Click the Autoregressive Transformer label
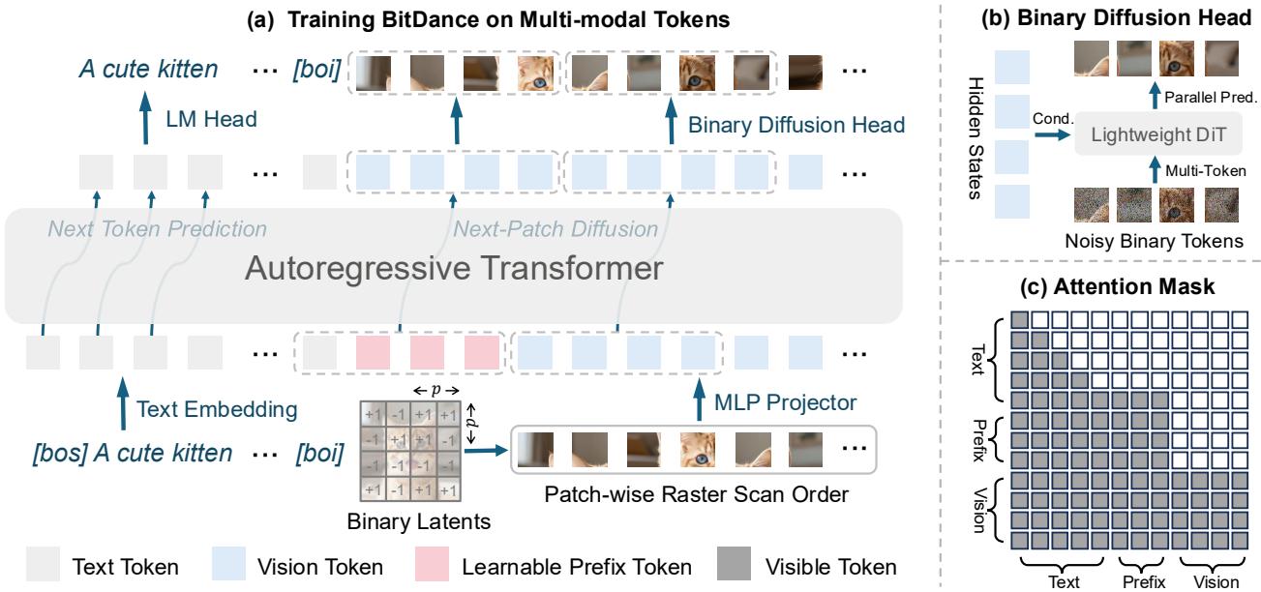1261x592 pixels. pos(454,268)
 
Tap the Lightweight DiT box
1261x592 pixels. pos(1158,133)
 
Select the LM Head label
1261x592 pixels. pos(211,119)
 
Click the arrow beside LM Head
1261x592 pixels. pos(145,118)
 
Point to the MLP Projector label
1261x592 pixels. pos(785,402)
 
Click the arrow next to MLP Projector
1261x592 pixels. pos(699,400)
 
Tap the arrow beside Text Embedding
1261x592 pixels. pos(123,404)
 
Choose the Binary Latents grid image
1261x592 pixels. pos(410,451)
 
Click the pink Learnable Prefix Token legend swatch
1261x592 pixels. pos(432,563)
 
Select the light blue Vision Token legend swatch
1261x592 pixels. pos(228,563)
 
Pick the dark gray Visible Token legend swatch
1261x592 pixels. pos(735,563)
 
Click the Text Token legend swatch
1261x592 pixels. pos(43,563)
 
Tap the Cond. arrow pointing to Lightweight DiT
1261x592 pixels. pos(1052,134)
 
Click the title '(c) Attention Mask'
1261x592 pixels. pos(1117,286)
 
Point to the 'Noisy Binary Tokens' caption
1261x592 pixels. pos(1154,241)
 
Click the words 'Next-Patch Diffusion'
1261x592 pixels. pos(555,229)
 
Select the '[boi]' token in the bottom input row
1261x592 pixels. pos(319,453)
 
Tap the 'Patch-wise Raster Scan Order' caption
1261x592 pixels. pos(697,494)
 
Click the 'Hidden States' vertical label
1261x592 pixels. pos(976,138)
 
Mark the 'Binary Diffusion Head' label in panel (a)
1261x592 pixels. pos(796,125)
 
